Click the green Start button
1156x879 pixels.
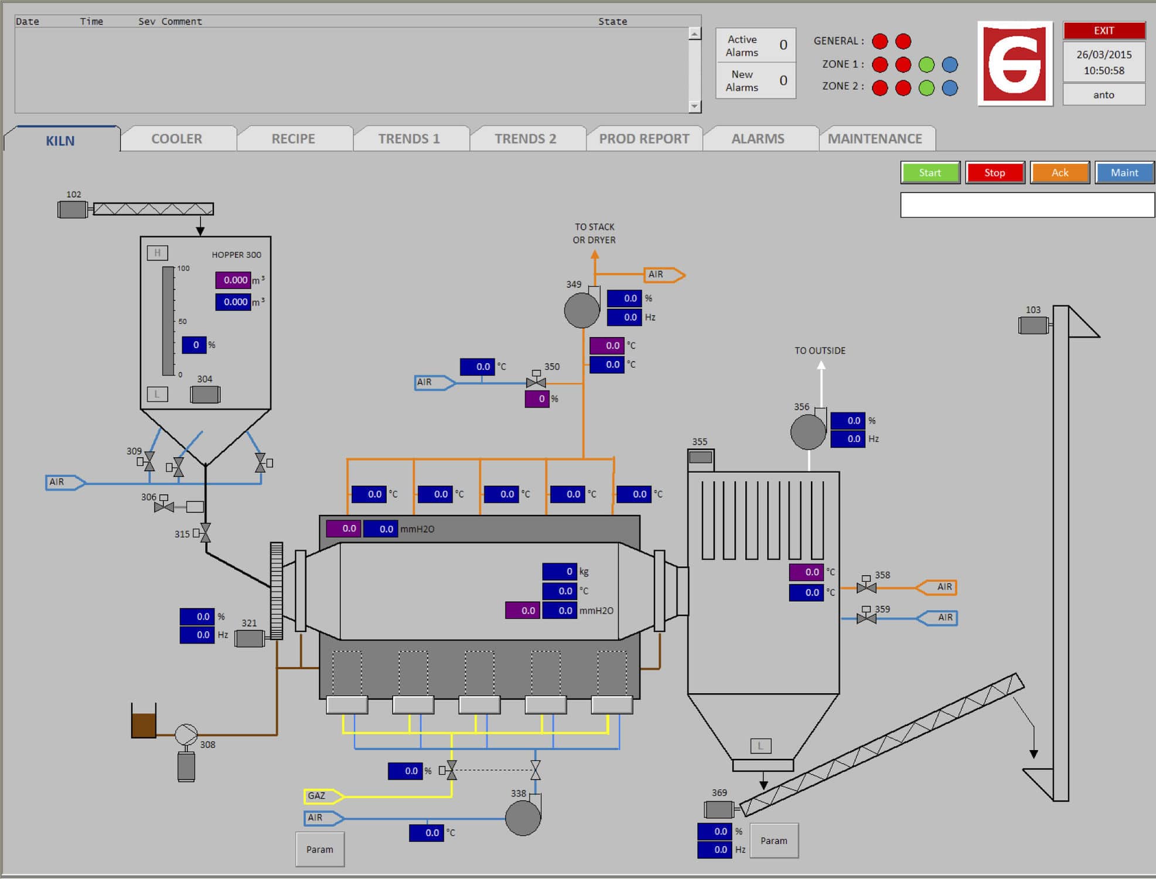tap(930, 173)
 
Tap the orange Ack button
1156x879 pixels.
tap(1059, 173)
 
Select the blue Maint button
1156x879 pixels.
tap(1124, 173)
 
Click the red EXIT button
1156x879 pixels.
tap(1104, 30)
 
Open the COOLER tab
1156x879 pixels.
tap(177, 139)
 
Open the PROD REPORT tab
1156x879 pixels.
tap(644, 139)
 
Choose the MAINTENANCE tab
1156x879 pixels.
tap(875, 139)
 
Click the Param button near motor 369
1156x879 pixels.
tap(773, 840)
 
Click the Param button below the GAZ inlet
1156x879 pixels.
tap(320, 849)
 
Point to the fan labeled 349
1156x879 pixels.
tap(582, 310)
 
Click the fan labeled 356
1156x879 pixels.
tap(808, 432)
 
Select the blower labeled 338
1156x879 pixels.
tap(523, 817)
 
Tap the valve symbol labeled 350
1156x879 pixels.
tap(536, 382)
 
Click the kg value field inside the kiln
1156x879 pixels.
tap(560, 571)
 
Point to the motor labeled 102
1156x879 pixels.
tap(72, 209)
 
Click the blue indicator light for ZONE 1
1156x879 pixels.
tap(949, 64)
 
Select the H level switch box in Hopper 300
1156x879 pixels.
tap(157, 253)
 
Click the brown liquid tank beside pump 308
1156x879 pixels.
tap(144, 724)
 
